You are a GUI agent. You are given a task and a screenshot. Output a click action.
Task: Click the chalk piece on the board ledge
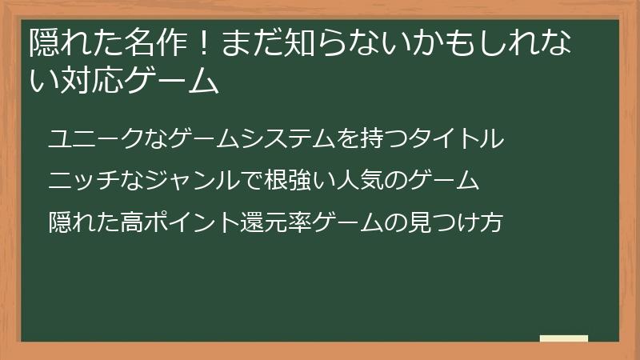[x=563, y=338]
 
